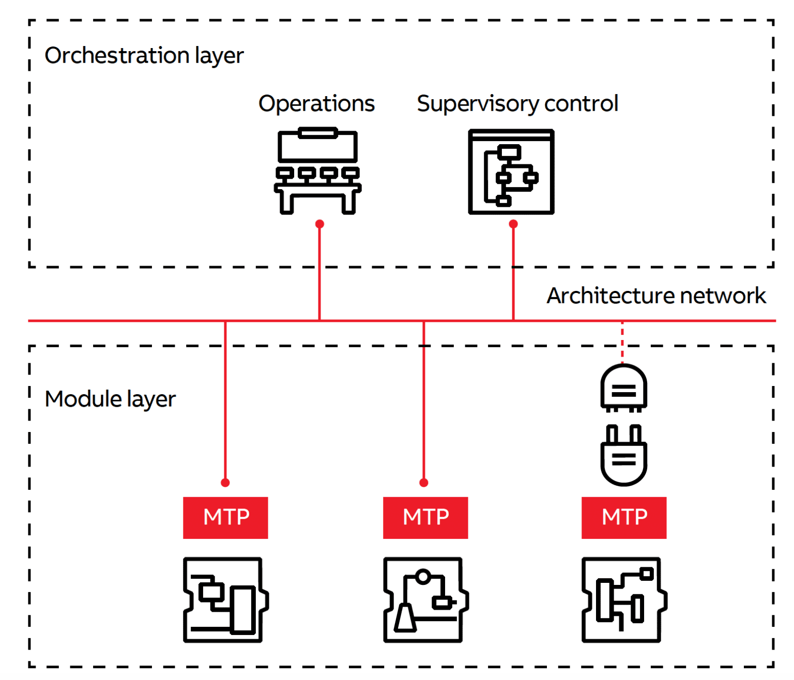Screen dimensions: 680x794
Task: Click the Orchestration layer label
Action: [x=144, y=56]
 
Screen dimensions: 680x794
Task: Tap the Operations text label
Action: [x=316, y=104]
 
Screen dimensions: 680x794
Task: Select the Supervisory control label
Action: [x=517, y=104]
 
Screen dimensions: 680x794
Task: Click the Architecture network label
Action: [x=656, y=296]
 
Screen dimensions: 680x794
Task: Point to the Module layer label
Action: [x=110, y=399]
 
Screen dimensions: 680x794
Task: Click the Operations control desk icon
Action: [x=317, y=171]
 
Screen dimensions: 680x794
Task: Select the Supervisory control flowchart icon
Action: [x=511, y=172]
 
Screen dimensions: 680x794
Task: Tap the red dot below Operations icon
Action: [x=319, y=224]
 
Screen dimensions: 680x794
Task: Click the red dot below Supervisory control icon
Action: [x=513, y=224]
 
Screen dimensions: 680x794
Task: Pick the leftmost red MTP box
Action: [x=225, y=518]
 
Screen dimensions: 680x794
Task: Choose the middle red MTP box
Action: [x=425, y=518]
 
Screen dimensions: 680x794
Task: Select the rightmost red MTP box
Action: [x=624, y=518]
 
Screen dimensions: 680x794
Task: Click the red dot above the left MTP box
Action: [x=225, y=483]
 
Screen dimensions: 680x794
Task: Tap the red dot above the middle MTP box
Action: [x=424, y=483]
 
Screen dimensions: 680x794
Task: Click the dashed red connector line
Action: [x=622, y=341]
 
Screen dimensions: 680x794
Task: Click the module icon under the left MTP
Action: [x=225, y=600]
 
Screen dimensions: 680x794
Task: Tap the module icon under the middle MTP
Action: [x=425, y=600]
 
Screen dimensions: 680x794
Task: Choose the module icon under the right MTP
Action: [x=624, y=600]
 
